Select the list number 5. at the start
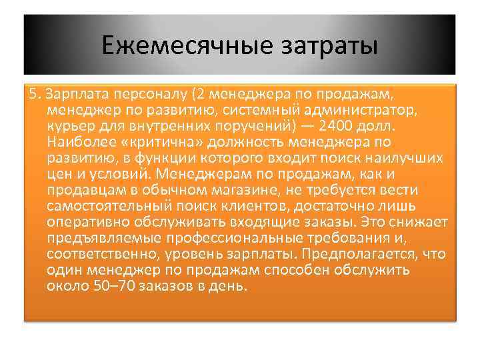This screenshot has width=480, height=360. (35, 92)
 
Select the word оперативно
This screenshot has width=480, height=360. (87, 222)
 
